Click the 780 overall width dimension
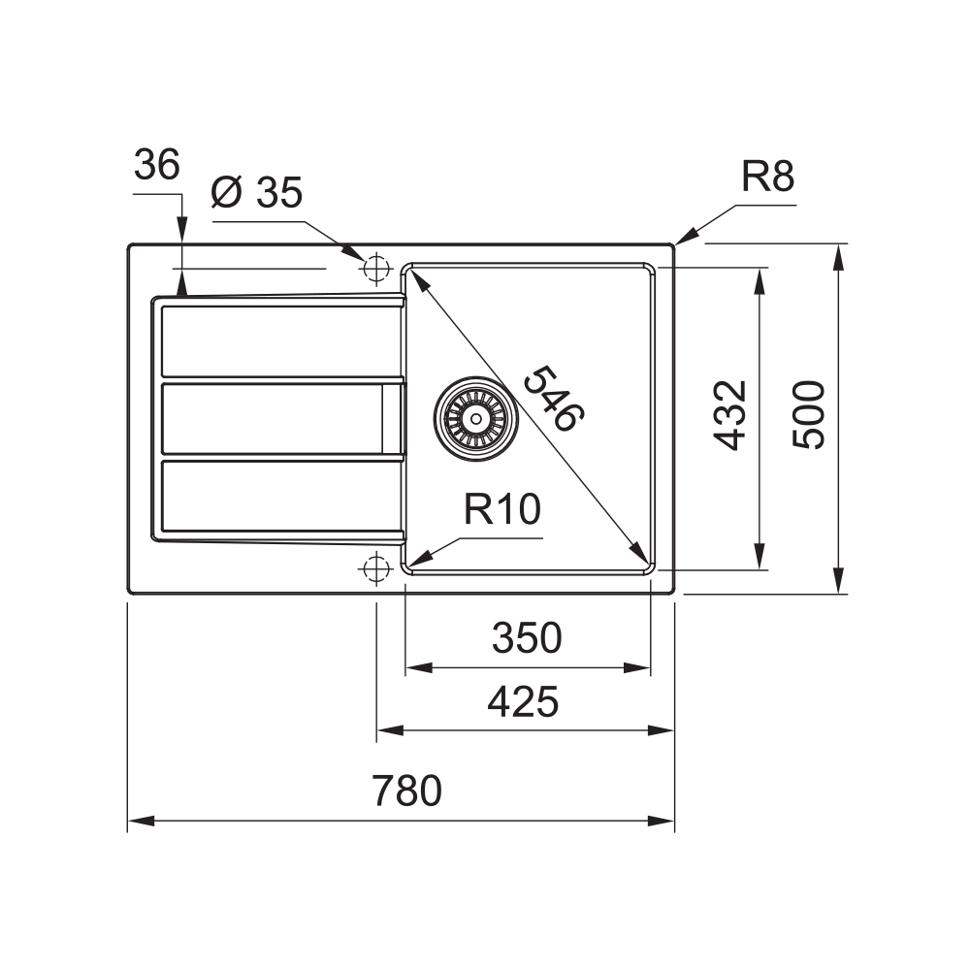(x=406, y=790)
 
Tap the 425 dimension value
(x=523, y=701)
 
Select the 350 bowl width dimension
(x=527, y=638)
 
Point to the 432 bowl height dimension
(x=730, y=416)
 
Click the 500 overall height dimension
(x=809, y=415)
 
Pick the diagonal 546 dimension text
(x=554, y=399)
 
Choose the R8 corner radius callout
(x=767, y=177)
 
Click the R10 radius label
(x=502, y=509)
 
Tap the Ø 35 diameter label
(x=257, y=192)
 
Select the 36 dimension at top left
(x=156, y=165)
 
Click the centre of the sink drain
(x=475, y=419)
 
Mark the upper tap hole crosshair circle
(x=375, y=269)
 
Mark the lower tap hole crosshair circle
(x=375, y=567)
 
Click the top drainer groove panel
(x=281, y=340)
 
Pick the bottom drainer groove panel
(x=281, y=496)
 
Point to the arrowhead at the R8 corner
(x=686, y=237)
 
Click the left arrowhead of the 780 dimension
(x=141, y=821)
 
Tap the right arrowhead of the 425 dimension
(x=661, y=730)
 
